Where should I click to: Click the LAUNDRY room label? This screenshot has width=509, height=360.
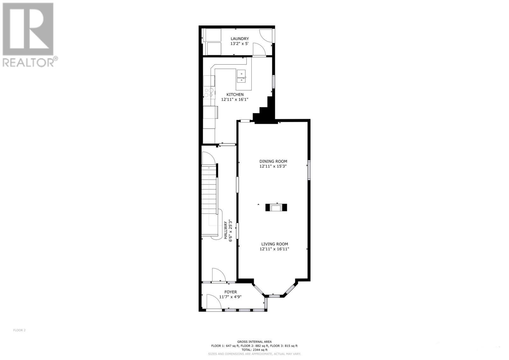pos(240,39)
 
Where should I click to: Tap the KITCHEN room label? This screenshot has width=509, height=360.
pos(235,94)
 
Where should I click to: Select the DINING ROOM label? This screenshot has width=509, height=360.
pos(273,161)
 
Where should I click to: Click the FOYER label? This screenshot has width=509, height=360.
pos(230,292)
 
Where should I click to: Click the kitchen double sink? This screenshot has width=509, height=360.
pos(242,76)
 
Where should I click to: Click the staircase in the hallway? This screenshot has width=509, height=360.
pos(209,194)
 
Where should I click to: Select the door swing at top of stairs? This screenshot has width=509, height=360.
pos(209,158)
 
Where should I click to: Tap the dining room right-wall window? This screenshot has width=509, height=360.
pos(309,170)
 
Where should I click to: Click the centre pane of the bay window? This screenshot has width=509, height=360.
pos(274,296)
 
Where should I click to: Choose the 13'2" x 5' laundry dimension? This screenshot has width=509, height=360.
pos(239,44)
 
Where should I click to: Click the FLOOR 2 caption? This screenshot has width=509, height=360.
pos(19,330)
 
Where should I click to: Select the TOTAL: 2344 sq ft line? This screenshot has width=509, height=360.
pos(254,350)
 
